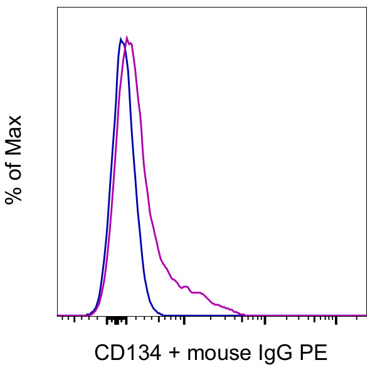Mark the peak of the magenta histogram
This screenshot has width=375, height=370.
127,38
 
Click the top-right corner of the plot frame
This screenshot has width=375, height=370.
366,8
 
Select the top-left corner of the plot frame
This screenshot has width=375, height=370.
58,8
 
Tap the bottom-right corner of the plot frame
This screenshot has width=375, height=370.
366,315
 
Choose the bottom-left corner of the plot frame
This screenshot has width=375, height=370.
58,315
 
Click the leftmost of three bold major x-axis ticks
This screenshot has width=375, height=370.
184,322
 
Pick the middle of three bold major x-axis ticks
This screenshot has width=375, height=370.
265,322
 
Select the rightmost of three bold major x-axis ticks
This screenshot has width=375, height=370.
337,322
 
